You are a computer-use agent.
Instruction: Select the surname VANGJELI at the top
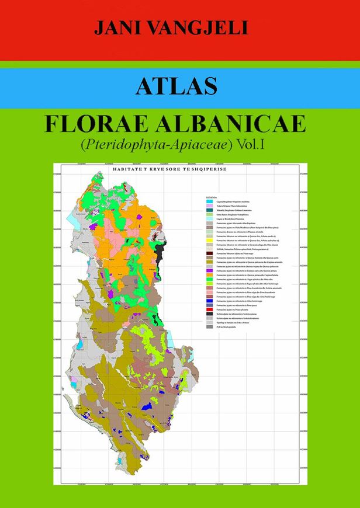click(202, 27)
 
